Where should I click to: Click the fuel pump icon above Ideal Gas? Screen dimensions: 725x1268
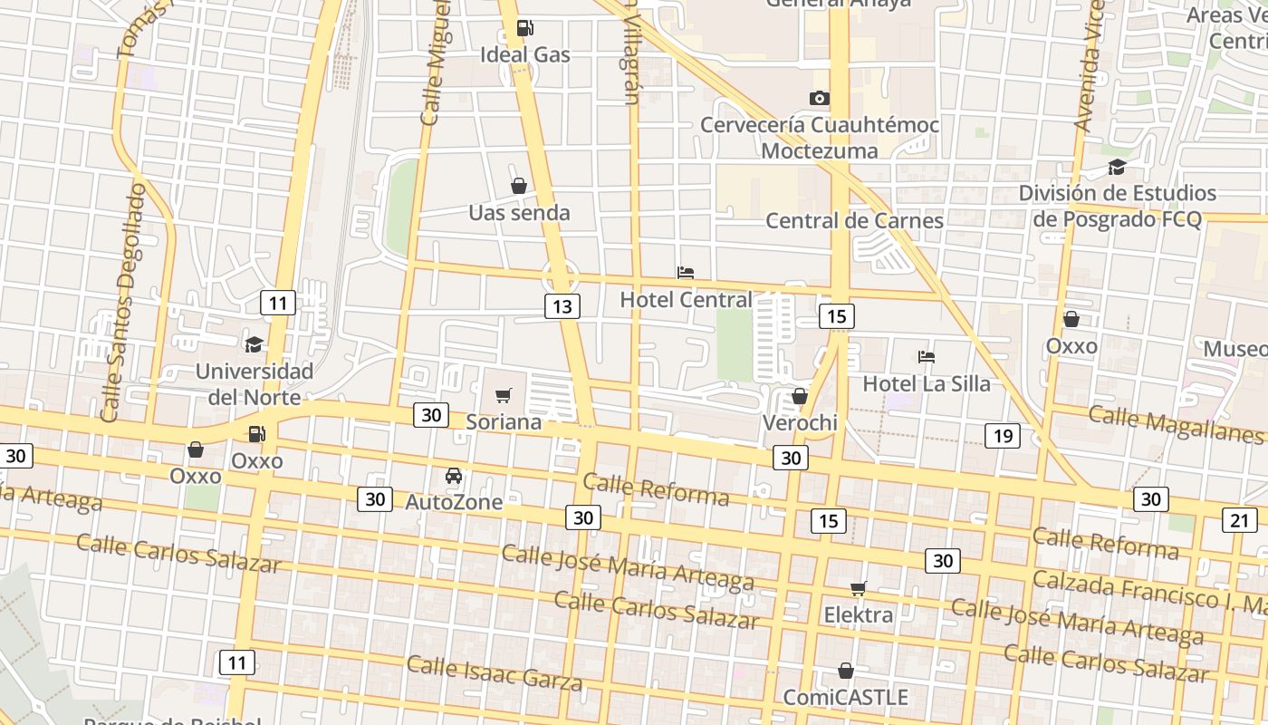click(x=524, y=28)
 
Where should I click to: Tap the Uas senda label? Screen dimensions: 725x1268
click(x=519, y=213)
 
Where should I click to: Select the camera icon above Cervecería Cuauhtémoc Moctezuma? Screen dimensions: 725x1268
click(x=819, y=98)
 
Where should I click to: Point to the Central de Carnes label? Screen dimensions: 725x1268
click(x=854, y=220)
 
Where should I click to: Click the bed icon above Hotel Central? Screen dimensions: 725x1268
click(x=686, y=272)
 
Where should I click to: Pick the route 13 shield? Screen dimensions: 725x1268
click(x=562, y=306)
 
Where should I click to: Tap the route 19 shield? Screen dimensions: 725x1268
click(x=1003, y=436)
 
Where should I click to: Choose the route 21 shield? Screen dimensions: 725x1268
click(x=1239, y=519)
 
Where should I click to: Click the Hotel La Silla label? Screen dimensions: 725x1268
click(x=927, y=383)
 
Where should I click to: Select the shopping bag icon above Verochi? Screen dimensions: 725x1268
click(x=800, y=396)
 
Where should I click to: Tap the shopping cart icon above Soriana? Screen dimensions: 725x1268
click(x=504, y=395)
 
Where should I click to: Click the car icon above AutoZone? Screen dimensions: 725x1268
click(x=454, y=476)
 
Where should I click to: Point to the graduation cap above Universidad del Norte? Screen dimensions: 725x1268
click(x=255, y=344)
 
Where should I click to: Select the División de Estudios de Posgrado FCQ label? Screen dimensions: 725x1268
click(x=1117, y=206)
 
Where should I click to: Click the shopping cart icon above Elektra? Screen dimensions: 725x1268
click(x=859, y=589)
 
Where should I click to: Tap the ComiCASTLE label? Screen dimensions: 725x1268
click(x=845, y=697)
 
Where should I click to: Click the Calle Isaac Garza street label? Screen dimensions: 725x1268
click(x=494, y=672)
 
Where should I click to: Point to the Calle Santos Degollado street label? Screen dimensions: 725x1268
click(x=124, y=304)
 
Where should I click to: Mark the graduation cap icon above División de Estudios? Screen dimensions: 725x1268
click(x=1117, y=167)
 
